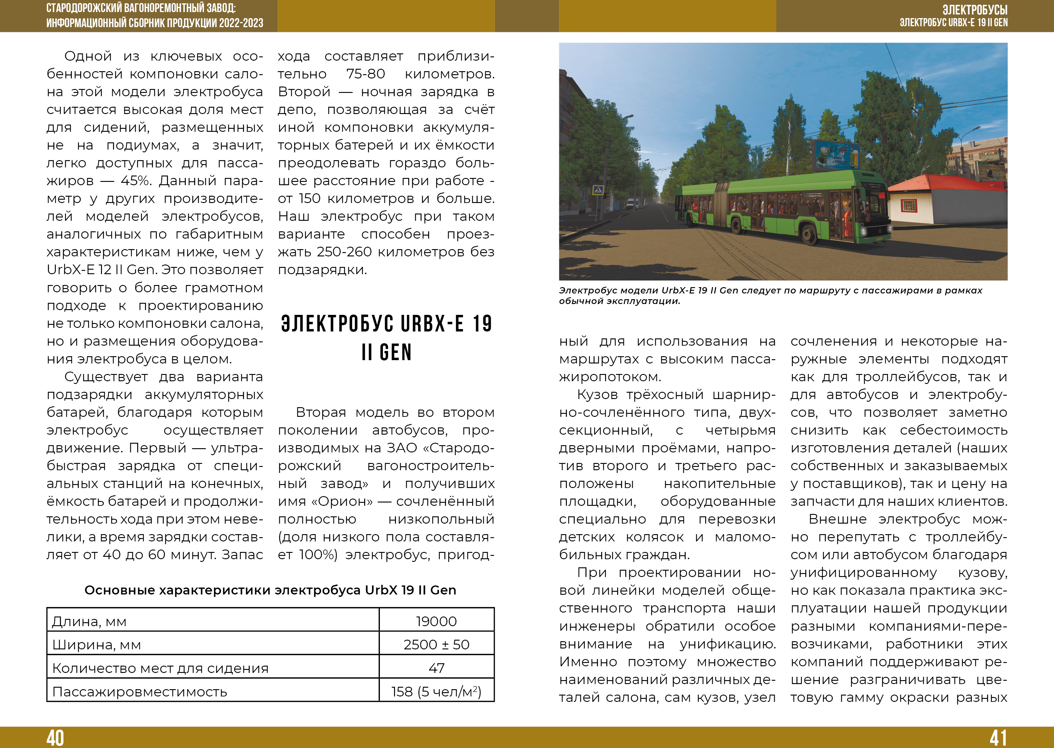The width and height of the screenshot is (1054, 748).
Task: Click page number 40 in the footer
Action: point(55,737)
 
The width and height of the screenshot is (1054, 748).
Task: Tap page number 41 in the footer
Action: point(998,737)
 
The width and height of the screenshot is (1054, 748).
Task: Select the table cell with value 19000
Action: point(436,621)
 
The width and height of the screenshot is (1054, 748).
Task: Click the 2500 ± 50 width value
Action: point(436,644)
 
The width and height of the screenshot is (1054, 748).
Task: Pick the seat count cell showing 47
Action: point(436,668)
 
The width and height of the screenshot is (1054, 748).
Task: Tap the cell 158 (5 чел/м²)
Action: point(436,691)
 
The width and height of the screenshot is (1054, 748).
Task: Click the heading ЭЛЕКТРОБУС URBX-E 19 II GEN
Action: point(387,338)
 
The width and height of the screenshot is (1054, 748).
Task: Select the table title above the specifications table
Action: point(270,590)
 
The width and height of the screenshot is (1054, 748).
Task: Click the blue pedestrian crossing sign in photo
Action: point(598,189)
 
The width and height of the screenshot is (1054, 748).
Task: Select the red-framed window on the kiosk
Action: point(908,205)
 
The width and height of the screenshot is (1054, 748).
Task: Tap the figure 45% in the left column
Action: point(136,181)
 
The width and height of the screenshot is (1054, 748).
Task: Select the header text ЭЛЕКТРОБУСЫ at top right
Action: point(975,10)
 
